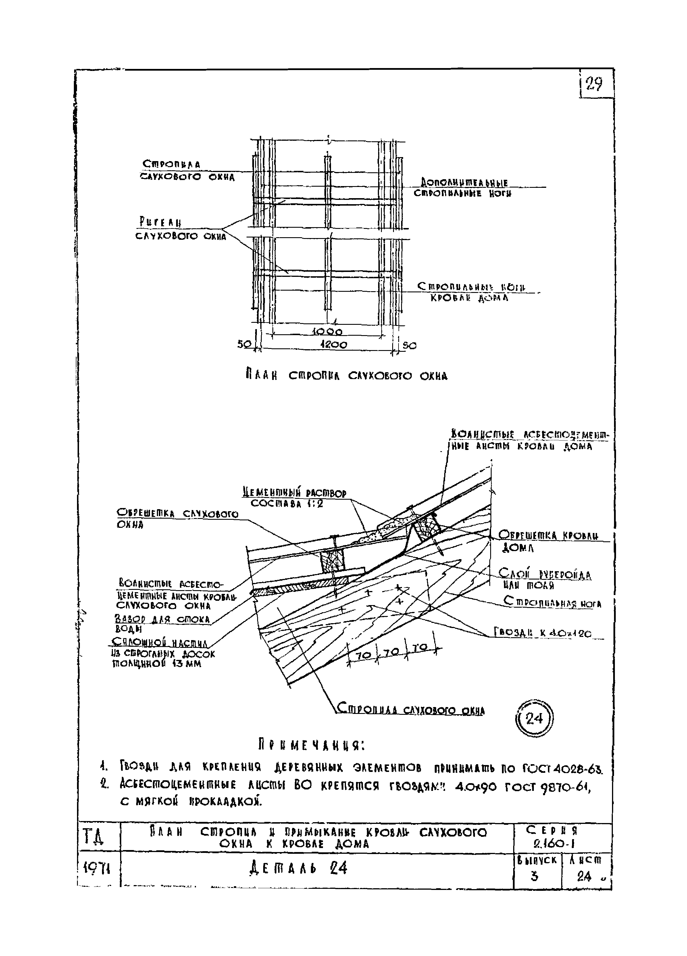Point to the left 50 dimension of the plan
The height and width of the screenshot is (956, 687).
click(243, 344)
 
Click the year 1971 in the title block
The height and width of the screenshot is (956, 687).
click(97, 868)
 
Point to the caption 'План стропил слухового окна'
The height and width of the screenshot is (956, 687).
click(346, 375)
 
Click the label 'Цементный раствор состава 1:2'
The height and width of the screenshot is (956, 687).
click(295, 498)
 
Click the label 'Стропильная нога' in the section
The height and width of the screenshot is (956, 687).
click(553, 603)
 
